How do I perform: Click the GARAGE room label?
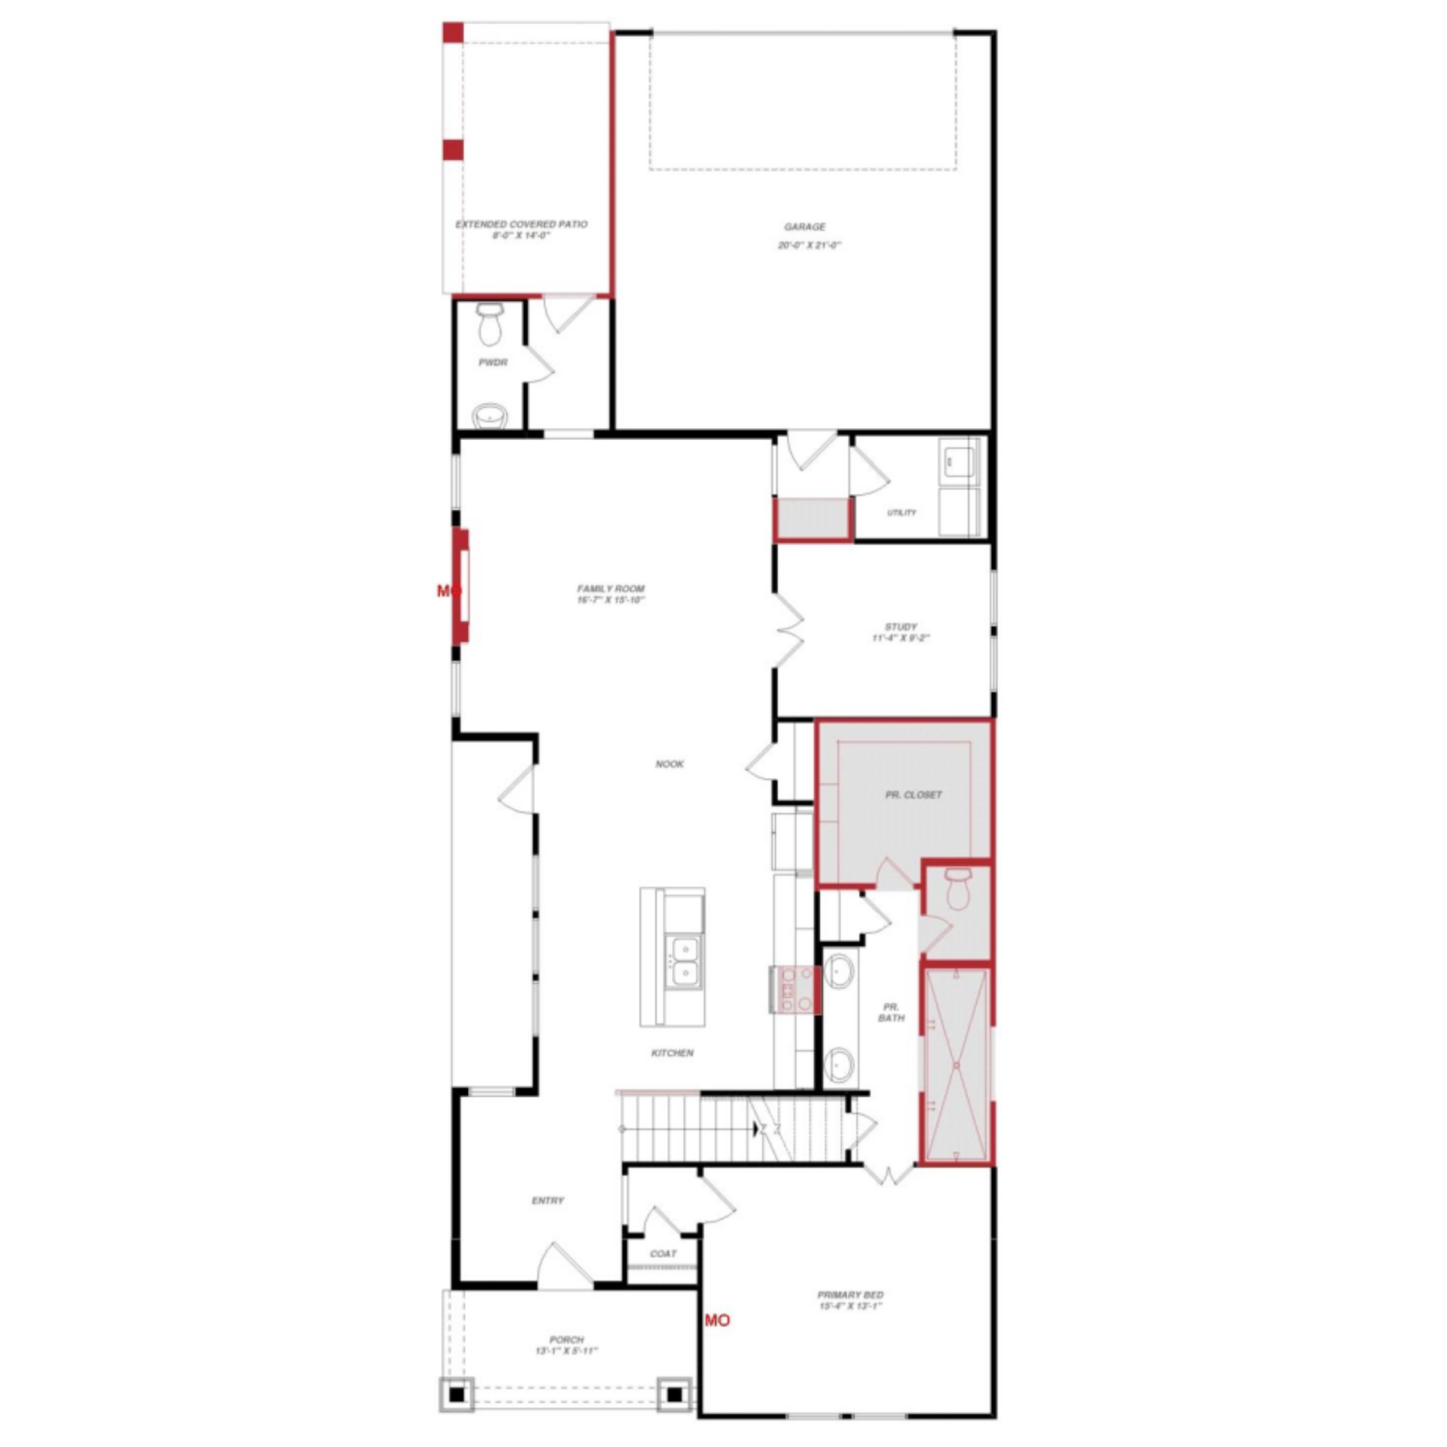(804, 227)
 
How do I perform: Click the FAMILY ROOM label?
(610, 589)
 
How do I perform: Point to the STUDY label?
(901, 626)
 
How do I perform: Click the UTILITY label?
(901, 512)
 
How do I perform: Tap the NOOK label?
(669, 763)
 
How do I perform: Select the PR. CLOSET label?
(913, 794)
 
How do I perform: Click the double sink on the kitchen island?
(685, 959)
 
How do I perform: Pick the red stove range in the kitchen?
(795, 990)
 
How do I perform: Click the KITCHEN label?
(671, 1053)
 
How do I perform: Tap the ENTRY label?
(547, 1201)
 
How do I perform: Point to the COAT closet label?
(662, 1253)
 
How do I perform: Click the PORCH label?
(566, 1339)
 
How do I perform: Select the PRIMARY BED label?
(850, 1295)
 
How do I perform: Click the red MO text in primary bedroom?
(717, 1320)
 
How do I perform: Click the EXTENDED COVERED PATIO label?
(522, 224)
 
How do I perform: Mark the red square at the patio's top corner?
(452, 32)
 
